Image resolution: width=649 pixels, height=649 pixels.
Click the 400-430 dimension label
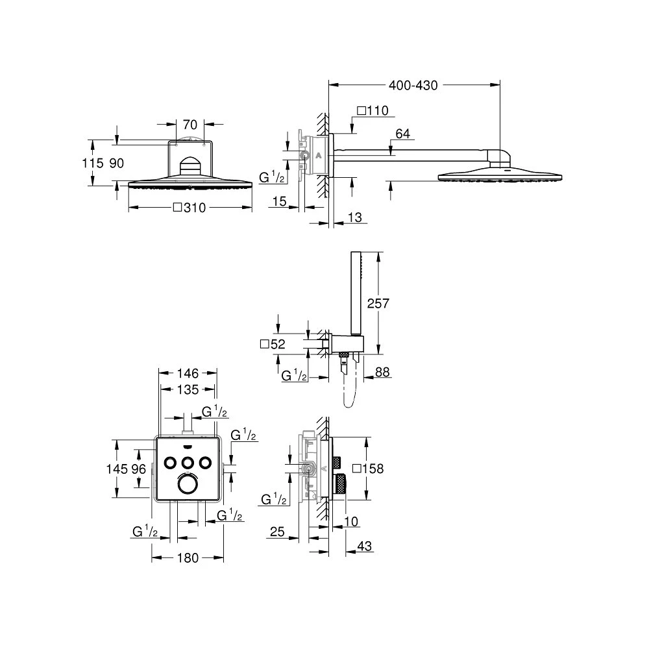(x=414, y=84)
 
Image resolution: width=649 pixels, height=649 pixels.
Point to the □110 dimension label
(x=373, y=110)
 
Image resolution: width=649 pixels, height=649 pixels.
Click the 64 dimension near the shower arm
(x=402, y=134)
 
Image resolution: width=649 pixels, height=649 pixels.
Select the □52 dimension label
(x=273, y=345)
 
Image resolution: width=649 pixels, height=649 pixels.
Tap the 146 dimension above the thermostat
(x=188, y=373)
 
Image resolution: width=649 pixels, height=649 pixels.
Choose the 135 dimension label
(x=188, y=390)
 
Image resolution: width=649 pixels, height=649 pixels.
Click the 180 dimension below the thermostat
(x=188, y=558)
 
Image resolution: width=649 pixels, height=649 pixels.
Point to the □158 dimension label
(x=367, y=468)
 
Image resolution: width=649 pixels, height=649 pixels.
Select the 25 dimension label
(x=277, y=532)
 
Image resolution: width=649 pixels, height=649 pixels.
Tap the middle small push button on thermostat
(x=189, y=462)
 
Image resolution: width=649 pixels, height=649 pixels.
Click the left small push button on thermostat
(x=172, y=462)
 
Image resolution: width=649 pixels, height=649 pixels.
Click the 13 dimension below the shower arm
(x=354, y=218)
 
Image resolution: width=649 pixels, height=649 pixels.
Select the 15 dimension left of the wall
(x=280, y=202)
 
